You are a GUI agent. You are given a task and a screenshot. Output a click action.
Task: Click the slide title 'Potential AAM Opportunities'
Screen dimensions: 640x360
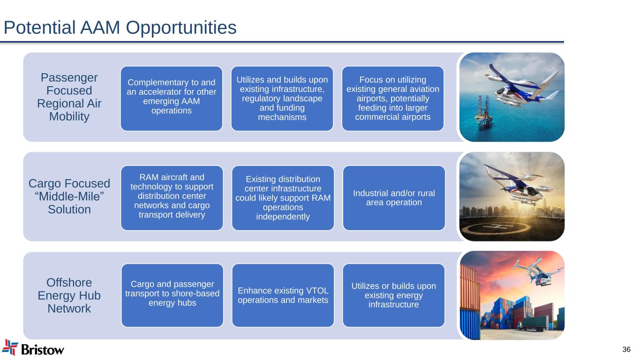click(x=120, y=28)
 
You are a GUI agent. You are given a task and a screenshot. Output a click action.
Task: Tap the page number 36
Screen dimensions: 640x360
click(x=626, y=349)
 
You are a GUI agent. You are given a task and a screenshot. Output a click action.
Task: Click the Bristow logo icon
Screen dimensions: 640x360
click(x=10, y=348)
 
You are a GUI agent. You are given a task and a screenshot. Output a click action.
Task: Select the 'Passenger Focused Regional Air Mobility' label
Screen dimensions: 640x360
click(x=69, y=97)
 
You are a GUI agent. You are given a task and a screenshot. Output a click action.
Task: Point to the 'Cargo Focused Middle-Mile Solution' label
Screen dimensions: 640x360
click(x=69, y=196)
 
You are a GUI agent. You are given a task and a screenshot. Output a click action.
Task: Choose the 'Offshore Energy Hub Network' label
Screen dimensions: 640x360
click(x=69, y=295)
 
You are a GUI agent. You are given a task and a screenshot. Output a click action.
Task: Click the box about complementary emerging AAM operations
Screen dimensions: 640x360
click(x=172, y=98)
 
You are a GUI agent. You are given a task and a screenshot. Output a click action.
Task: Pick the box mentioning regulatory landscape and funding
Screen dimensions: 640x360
click(x=282, y=98)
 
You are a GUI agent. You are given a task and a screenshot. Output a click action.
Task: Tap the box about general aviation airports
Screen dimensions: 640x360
click(x=393, y=98)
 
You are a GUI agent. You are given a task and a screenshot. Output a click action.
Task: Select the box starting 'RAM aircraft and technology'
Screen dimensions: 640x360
click(x=172, y=198)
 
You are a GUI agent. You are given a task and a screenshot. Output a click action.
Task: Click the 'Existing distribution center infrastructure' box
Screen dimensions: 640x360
click(x=283, y=198)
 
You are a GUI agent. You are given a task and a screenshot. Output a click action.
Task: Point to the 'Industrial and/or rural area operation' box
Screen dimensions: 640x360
click(x=394, y=198)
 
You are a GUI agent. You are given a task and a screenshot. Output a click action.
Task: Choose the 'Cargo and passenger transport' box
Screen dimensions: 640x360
click(x=172, y=295)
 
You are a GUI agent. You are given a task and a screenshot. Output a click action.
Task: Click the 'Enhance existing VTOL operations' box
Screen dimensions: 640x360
click(x=283, y=295)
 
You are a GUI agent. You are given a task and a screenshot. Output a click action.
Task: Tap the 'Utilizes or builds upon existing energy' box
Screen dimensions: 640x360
click(x=394, y=295)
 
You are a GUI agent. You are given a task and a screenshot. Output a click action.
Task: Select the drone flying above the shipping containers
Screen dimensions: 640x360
click(x=537, y=272)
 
